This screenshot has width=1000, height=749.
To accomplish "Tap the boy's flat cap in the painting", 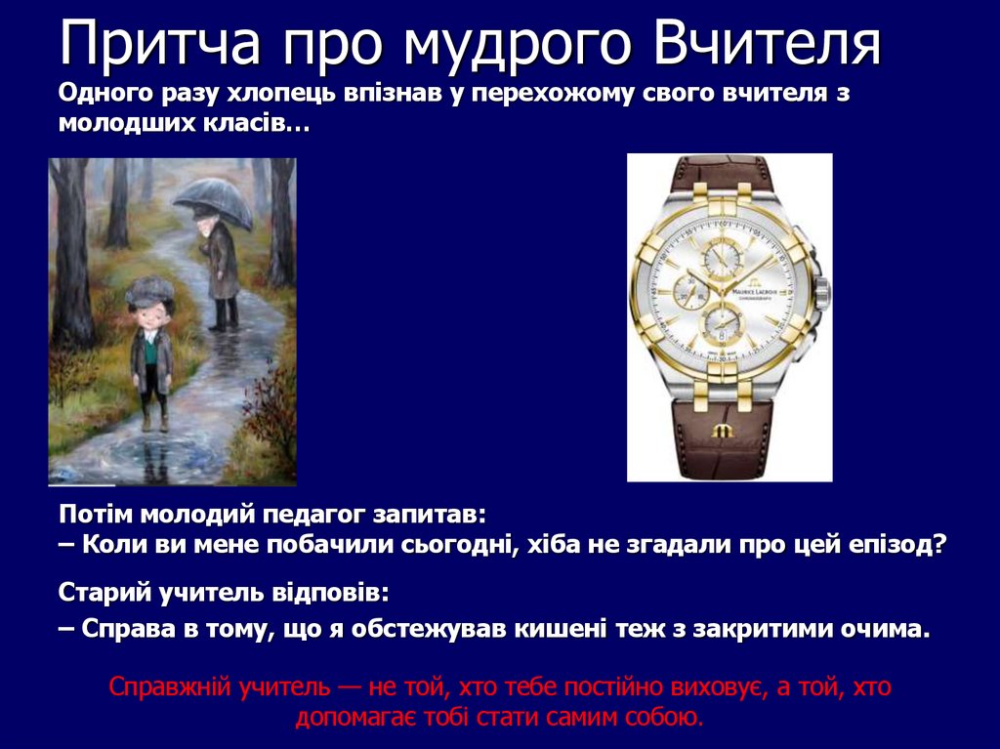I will point(149,289).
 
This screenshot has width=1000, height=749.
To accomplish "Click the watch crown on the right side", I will point(821,290).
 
